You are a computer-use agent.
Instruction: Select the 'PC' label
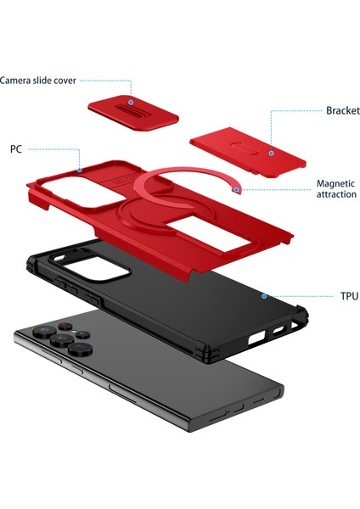16,148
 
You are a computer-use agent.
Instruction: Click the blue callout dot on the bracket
270,153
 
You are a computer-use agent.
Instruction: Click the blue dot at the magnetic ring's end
238,188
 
